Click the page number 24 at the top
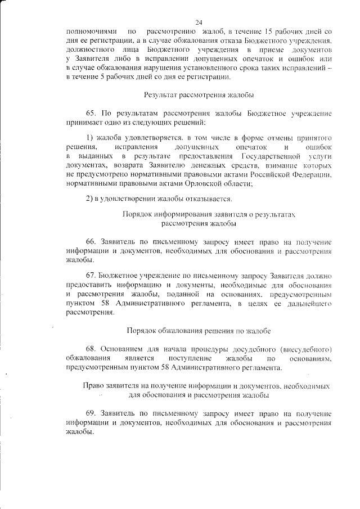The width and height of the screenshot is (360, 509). [199, 22]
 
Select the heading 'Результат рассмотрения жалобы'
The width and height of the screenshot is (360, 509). [199, 95]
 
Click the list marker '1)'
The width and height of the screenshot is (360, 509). [90, 138]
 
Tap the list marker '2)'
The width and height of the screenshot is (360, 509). [90, 198]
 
